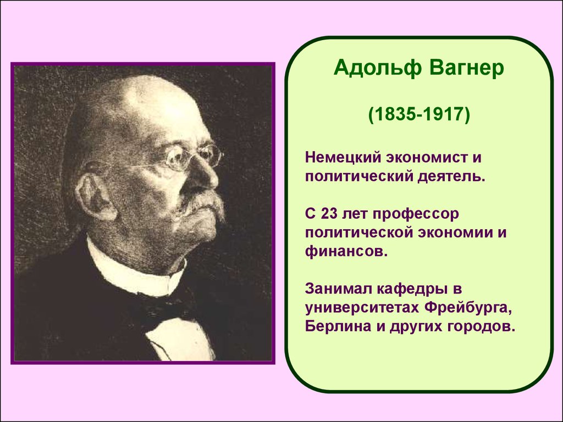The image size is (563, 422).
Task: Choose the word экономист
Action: [x=417, y=159]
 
